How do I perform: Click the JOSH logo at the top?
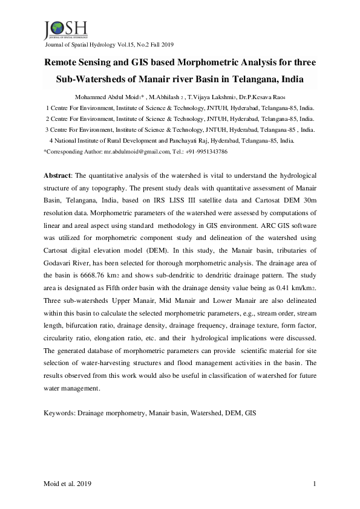coord(65,29)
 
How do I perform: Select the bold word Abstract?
coord(57,175)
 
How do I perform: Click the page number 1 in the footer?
coord(315,484)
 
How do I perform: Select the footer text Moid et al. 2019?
coord(68,484)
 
